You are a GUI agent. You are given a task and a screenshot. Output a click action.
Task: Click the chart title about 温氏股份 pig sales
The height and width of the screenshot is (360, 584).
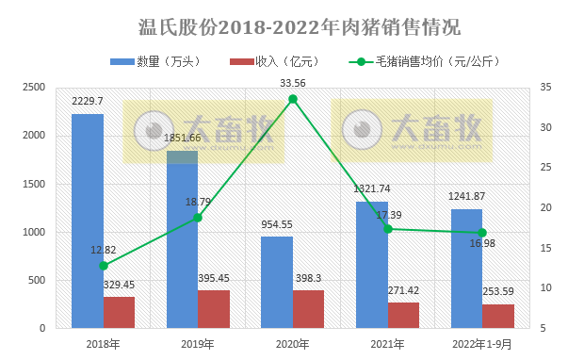point(292,25)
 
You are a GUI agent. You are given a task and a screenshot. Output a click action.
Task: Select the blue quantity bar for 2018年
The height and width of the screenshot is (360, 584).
point(88,221)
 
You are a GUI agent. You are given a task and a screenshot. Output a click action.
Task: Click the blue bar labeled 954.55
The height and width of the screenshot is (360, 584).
point(277,282)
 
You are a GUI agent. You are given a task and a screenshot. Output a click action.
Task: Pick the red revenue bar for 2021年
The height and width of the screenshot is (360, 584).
point(403,315)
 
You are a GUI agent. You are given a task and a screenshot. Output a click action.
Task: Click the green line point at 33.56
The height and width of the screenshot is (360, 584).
point(293,99)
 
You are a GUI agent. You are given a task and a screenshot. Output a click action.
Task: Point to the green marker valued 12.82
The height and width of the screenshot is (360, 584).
point(104,266)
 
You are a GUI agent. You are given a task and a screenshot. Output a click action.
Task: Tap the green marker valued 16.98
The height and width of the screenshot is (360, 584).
point(482,233)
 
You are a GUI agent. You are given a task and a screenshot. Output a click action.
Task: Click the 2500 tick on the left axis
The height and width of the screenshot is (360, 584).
point(34,88)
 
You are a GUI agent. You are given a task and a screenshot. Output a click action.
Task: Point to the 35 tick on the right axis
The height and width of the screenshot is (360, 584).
point(548,88)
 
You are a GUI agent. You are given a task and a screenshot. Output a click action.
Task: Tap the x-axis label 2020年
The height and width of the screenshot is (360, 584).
point(293,344)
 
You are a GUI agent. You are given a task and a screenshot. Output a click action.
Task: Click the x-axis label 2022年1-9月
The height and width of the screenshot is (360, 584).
point(482,344)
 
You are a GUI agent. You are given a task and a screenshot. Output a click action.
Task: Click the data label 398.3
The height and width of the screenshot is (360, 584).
point(308,279)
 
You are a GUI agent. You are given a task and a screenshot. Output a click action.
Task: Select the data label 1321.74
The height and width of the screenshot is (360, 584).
point(372,188)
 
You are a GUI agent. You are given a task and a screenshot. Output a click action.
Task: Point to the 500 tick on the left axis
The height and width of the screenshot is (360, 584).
point(37,280)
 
